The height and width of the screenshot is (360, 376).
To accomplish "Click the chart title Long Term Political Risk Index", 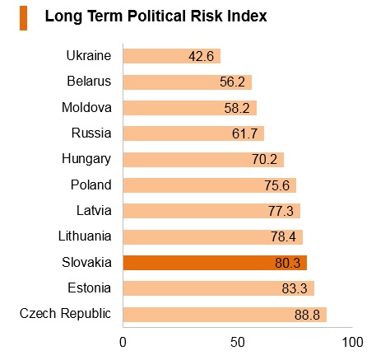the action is point(156,16).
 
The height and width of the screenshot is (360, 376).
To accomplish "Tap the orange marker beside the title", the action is point(23,18).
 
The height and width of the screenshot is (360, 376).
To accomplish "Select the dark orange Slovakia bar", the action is point(215,263).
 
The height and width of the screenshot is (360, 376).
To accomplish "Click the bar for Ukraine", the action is point(172,56).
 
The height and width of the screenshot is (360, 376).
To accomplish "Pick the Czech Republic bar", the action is point(225,315).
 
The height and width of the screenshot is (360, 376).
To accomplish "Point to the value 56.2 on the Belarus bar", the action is point(232,82).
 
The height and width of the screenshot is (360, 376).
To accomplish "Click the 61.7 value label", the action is point(244,133).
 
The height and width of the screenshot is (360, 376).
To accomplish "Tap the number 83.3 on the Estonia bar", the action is point(295,288).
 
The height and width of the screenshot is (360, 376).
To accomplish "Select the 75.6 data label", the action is point(277,185).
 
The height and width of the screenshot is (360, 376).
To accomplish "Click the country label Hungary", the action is point(86,159).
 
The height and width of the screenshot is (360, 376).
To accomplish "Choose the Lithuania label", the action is point(85,236).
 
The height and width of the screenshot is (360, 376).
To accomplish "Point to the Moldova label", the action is point(86,107).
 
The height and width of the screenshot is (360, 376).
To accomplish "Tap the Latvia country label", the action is point(94,211).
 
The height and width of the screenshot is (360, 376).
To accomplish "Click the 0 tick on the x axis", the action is point(123,342).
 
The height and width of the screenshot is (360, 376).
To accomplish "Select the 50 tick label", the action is point(238,342).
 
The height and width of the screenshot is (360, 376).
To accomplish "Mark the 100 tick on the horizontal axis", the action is point(353,342).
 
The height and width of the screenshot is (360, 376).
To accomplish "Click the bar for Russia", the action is point(193,133).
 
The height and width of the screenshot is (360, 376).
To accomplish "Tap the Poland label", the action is point(91,185).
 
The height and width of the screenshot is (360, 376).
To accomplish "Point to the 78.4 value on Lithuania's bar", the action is point(284,236).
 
